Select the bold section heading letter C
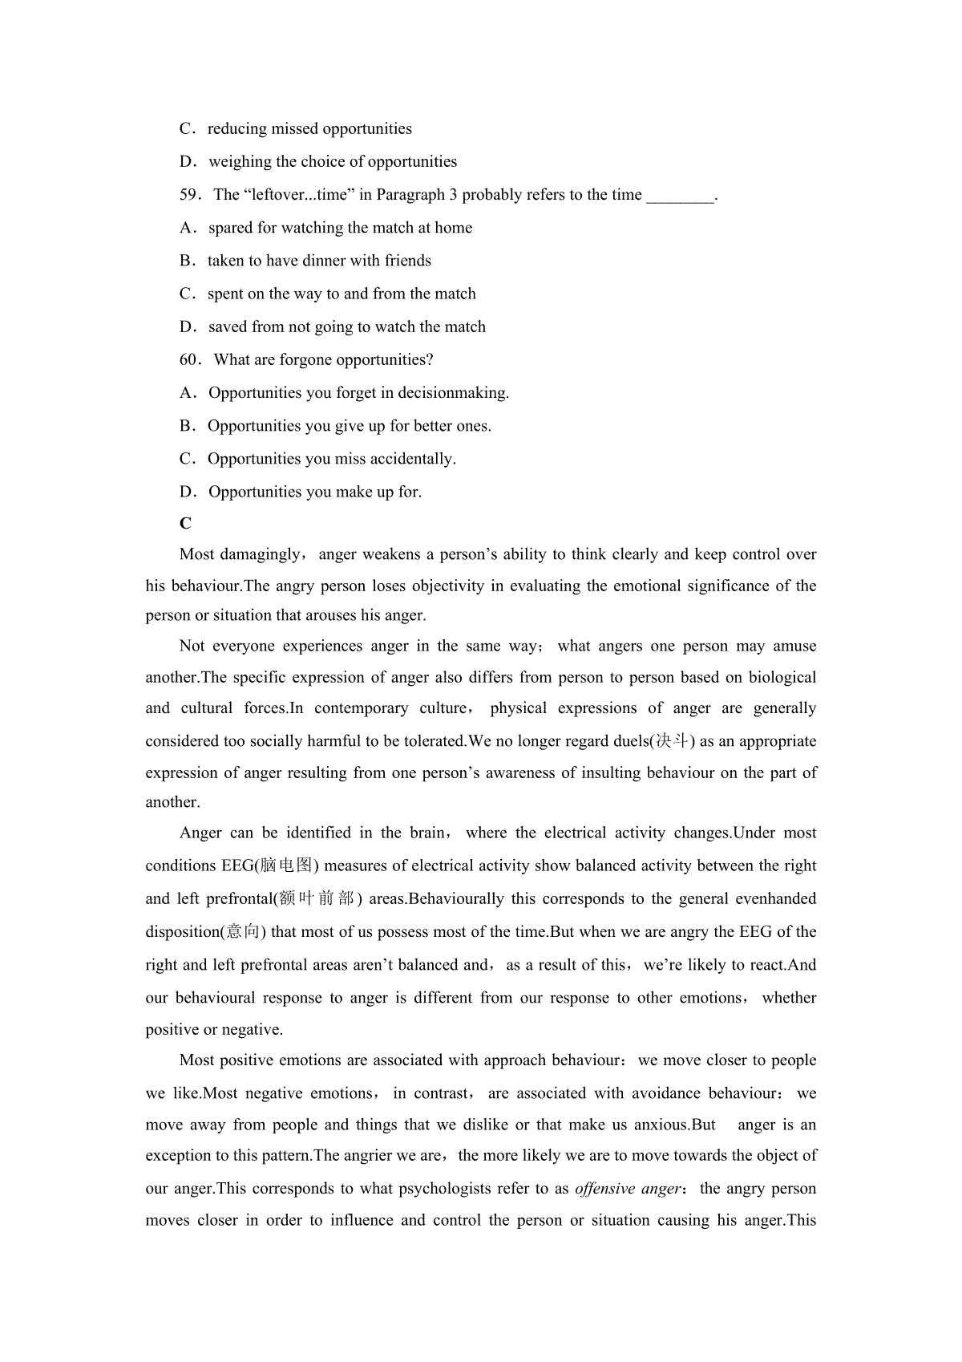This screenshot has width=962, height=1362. pyautogui.click(x=185, y=524)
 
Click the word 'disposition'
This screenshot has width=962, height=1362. pyautogui.click(x=182, y=932)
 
